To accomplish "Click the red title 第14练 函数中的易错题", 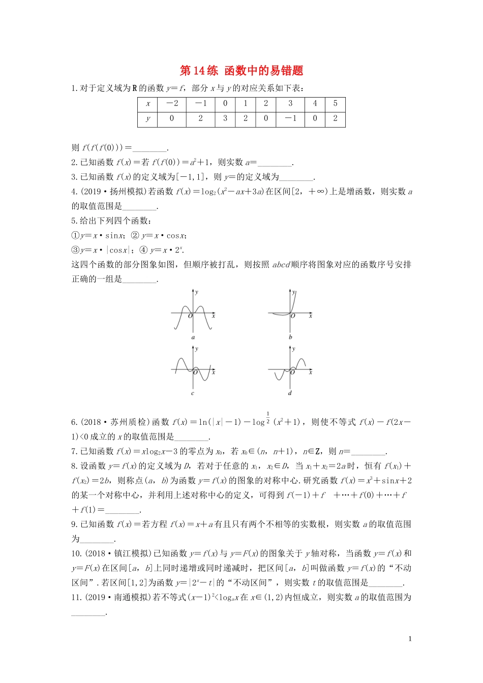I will click(242, 71).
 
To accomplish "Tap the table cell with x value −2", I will click(172, 104).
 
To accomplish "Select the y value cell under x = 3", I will click(290, 118).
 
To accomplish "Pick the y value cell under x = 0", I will click(225, 118).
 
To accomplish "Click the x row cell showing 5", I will click(335, 104).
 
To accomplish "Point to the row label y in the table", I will click(148, 118).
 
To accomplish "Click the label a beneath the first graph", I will click(193, 337).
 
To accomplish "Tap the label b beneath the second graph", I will click(290, 337).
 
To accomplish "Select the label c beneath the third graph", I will click(193, 393).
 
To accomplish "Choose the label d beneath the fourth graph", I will click(290, 393).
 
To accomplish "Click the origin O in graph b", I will click(293, 316).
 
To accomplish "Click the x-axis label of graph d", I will click(310, 372).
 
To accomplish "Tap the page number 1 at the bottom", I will click(410, 639).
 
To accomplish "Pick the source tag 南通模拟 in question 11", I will click(132, 597).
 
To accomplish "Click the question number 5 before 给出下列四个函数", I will click(74, 221).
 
